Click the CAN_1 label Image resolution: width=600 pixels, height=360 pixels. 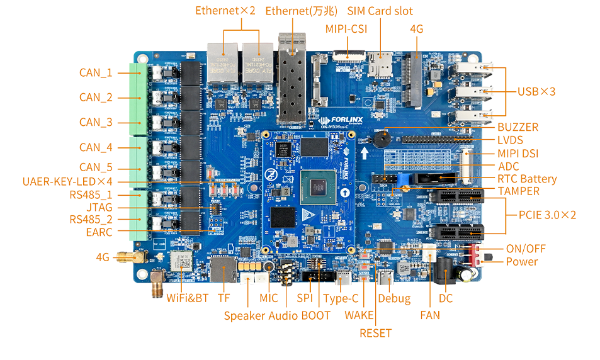(x=95, y=72)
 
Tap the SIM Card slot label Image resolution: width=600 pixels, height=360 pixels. (x=380, y=11)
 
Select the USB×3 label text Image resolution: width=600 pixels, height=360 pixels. (x=536, y=91)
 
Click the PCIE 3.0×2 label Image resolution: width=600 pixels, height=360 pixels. (x=546, y=215)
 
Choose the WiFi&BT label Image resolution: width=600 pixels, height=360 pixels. (x=187, y=298)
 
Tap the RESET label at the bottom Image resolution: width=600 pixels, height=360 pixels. (x=375, y=333)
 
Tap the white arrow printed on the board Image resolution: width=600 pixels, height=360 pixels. (x=363, y=153)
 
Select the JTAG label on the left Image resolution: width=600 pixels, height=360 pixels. (x=99, y=207)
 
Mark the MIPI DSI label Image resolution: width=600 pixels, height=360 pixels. (x=518, y=153)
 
